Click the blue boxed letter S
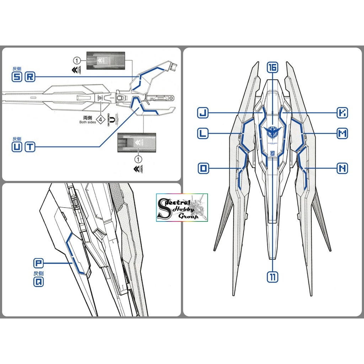(x=17, y=77)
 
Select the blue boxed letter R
(x=30, y=77)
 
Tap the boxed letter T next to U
(x=30, y=147)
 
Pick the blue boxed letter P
(x=38, y=263)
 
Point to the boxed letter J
(x=203, y=113)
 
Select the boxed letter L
(x=203, y=134)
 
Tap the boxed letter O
(x=203, y=168)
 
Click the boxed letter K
(x=342, y=113)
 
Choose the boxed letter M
(x=342, y=134)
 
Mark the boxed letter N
(x=342, y=168)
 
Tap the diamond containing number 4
(x=101, y=120)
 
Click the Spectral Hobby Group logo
(x=182, y=208)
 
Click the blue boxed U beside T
(x=17, y=147)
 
